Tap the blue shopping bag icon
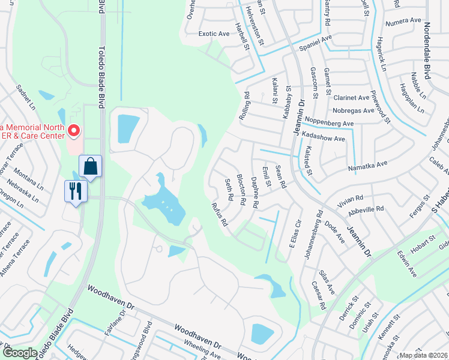coord(89,167)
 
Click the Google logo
coord(20,353)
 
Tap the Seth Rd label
coord(229,189)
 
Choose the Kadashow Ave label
coord(324,139)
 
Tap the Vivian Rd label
coord(351,202)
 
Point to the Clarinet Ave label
coord(352,97)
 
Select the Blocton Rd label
coord(241,190)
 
